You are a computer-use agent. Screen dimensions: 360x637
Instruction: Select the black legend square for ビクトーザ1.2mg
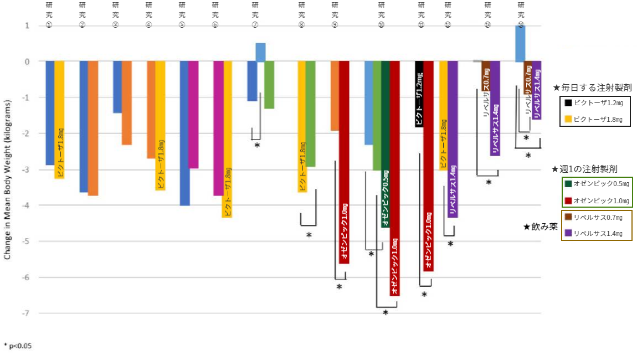point(568,103)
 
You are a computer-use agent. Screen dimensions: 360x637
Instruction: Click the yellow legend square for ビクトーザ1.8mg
point(568,119)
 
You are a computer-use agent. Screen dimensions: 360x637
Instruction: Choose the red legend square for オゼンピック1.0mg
point(568,200)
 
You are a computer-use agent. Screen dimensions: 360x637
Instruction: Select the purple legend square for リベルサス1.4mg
point(568,233)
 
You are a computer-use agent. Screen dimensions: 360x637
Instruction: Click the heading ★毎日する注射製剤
point(592,88)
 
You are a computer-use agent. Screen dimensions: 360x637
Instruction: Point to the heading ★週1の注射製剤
point(584,168)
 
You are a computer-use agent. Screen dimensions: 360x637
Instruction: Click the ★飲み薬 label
point(541,227)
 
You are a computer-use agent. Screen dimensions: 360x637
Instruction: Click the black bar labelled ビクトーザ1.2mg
point(419,94)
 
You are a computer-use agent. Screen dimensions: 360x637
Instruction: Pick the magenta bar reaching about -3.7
point(218,128)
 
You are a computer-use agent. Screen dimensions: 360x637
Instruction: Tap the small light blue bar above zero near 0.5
point(260,52)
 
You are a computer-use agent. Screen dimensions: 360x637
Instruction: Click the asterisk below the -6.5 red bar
point(386,313)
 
